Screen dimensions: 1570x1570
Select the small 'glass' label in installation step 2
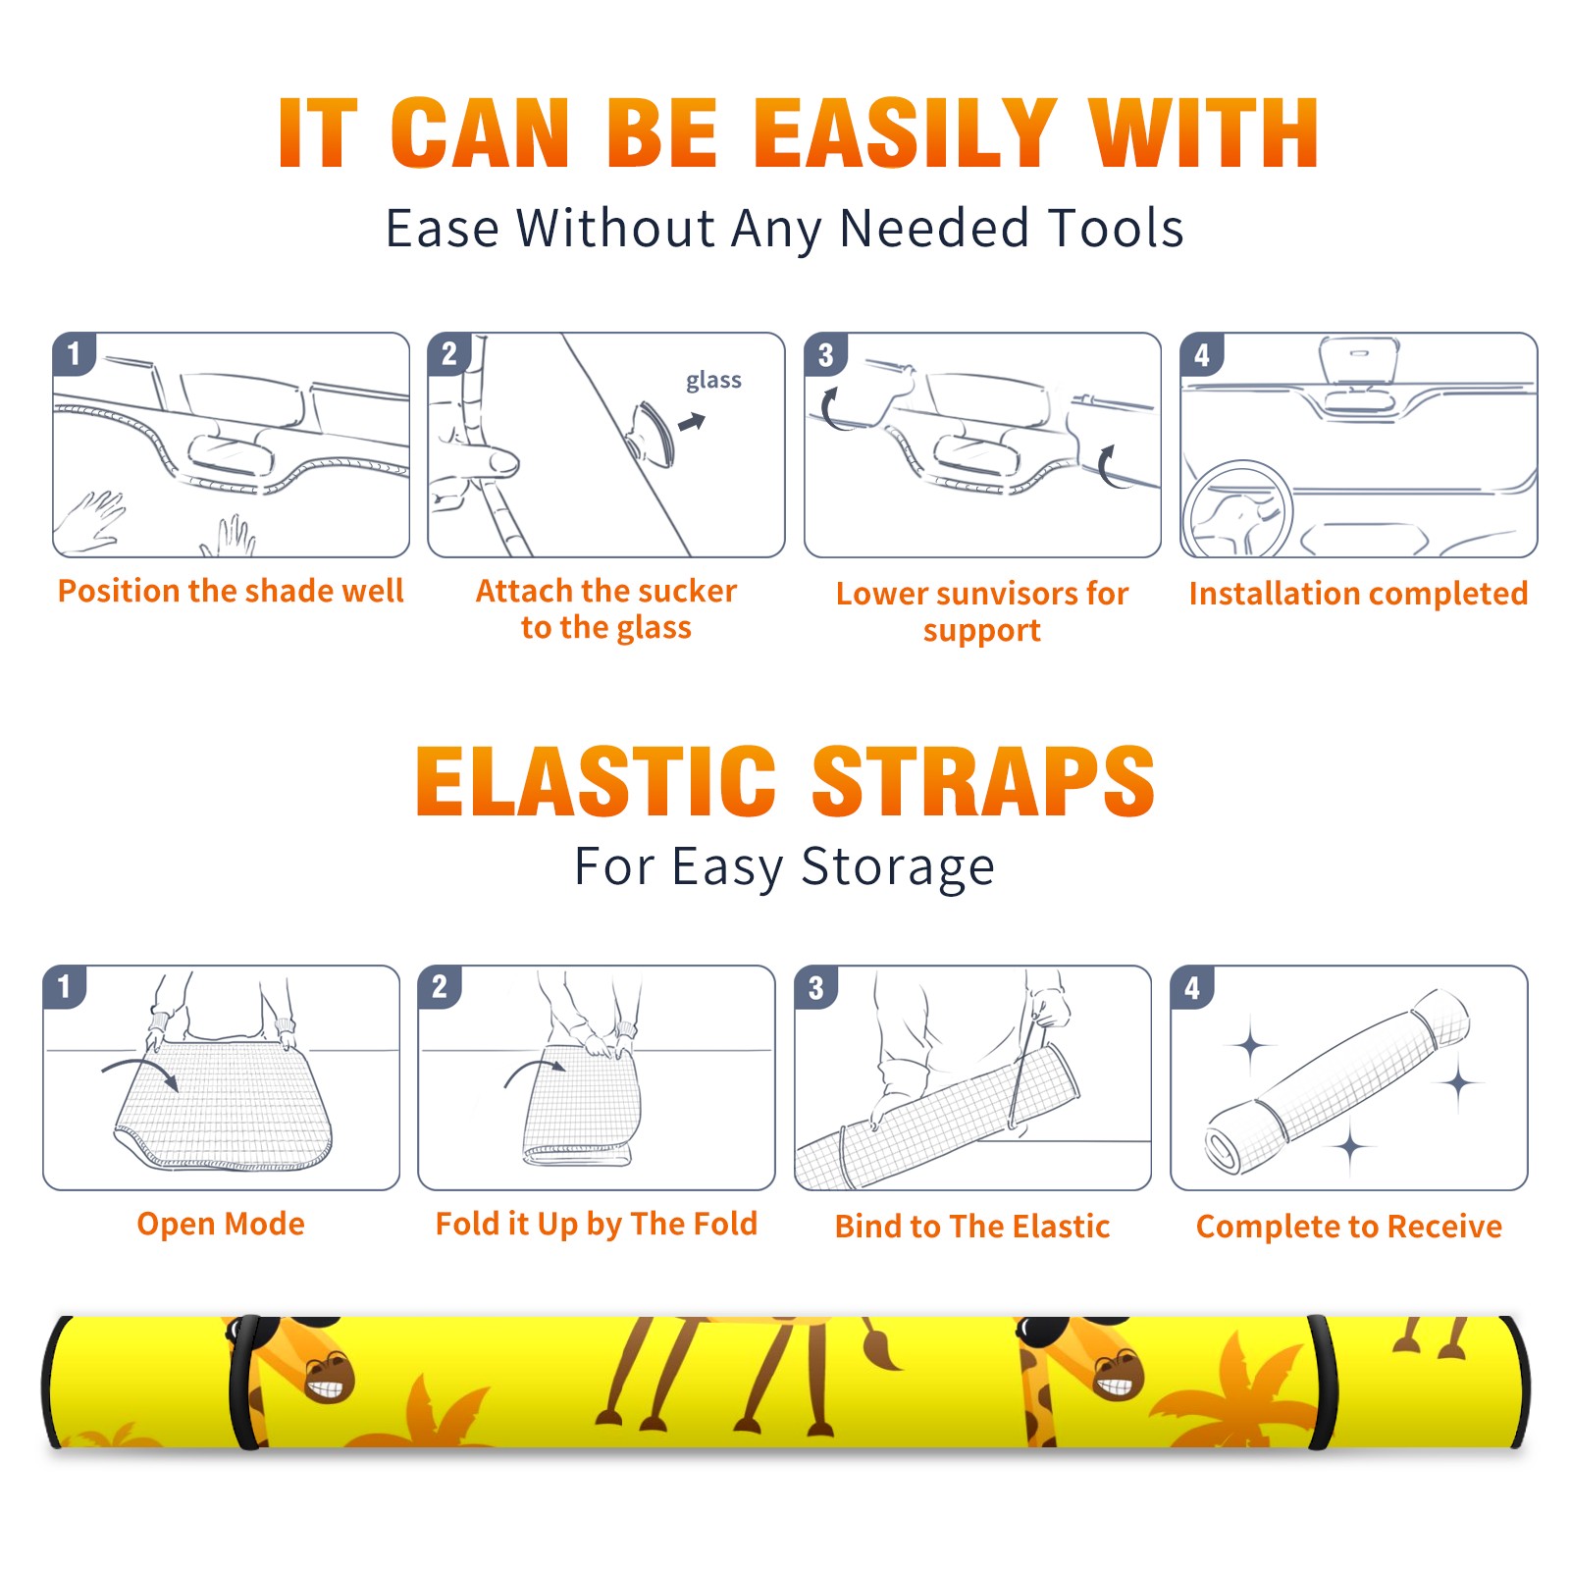(x=713, y=381)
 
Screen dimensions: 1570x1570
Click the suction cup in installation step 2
(x=654, y=433)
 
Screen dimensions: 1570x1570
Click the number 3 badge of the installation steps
(x=825, y=355)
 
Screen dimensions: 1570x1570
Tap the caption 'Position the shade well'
(x=231, y=591)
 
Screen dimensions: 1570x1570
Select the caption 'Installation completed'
(x=1358, y=594)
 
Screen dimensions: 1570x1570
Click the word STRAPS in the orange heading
(x=983, y=781)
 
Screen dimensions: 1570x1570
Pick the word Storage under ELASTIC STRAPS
(x=898, y=867)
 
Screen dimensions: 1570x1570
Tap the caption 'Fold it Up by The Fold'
(x=597, y=1225)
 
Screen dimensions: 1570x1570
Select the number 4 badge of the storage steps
(x=1192, y=987)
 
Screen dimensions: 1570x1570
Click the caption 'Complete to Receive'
(x=1349, y=1227)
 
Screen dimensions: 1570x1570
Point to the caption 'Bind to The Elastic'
(x=972, y=1227)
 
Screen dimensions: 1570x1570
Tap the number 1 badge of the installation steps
(x=74, y=353)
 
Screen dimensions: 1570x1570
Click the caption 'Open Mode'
(x=221, y=1224)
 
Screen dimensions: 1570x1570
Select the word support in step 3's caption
(x=982, y=631)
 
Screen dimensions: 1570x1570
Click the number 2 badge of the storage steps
(x=440, y=986)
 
